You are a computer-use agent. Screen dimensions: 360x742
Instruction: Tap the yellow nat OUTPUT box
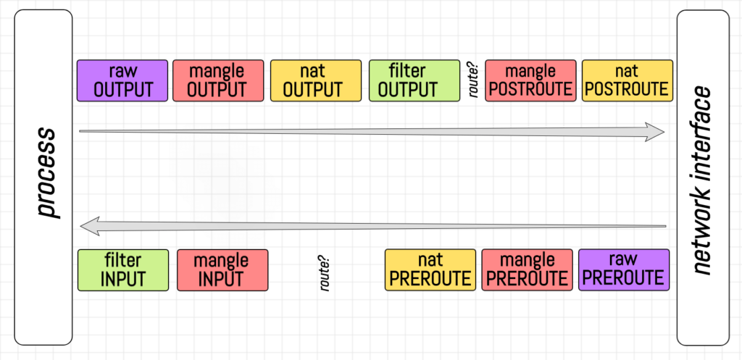[x=315, y=80]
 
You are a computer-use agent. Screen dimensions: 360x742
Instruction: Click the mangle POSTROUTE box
[x=530, y=80]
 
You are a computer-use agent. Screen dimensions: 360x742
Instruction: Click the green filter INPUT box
[x=122, y=269]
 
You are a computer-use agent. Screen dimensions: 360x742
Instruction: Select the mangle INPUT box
[x=222, y=269]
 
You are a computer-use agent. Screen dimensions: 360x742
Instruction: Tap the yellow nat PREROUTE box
[x=430, y=269]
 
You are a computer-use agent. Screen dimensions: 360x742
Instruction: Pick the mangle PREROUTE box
[x=526, y=269]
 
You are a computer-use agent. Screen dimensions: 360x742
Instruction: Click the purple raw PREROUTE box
[x=623, y=269]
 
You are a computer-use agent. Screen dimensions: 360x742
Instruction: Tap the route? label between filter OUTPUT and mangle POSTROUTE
[x=474, y=81]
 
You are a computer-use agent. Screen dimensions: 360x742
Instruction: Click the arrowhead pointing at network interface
[x=656, y=131]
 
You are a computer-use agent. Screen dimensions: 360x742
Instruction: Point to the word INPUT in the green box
[x=122, y=278]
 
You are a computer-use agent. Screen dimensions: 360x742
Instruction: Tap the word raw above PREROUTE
[x=623, y=260]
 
